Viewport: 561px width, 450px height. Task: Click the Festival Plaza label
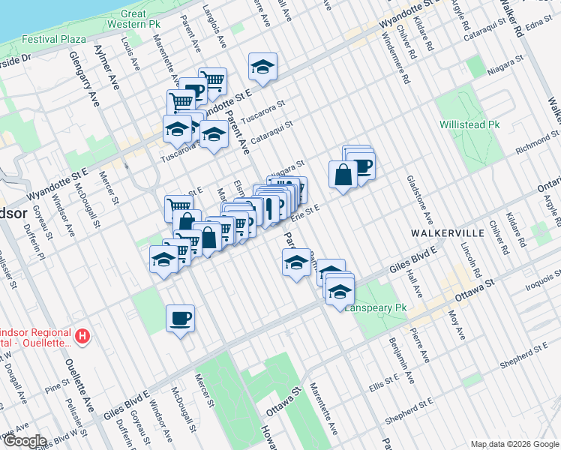pyautogui.click(x=53, y=39)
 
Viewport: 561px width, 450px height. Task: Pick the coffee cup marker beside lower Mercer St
pyautogui.click(x=180, y=318)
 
